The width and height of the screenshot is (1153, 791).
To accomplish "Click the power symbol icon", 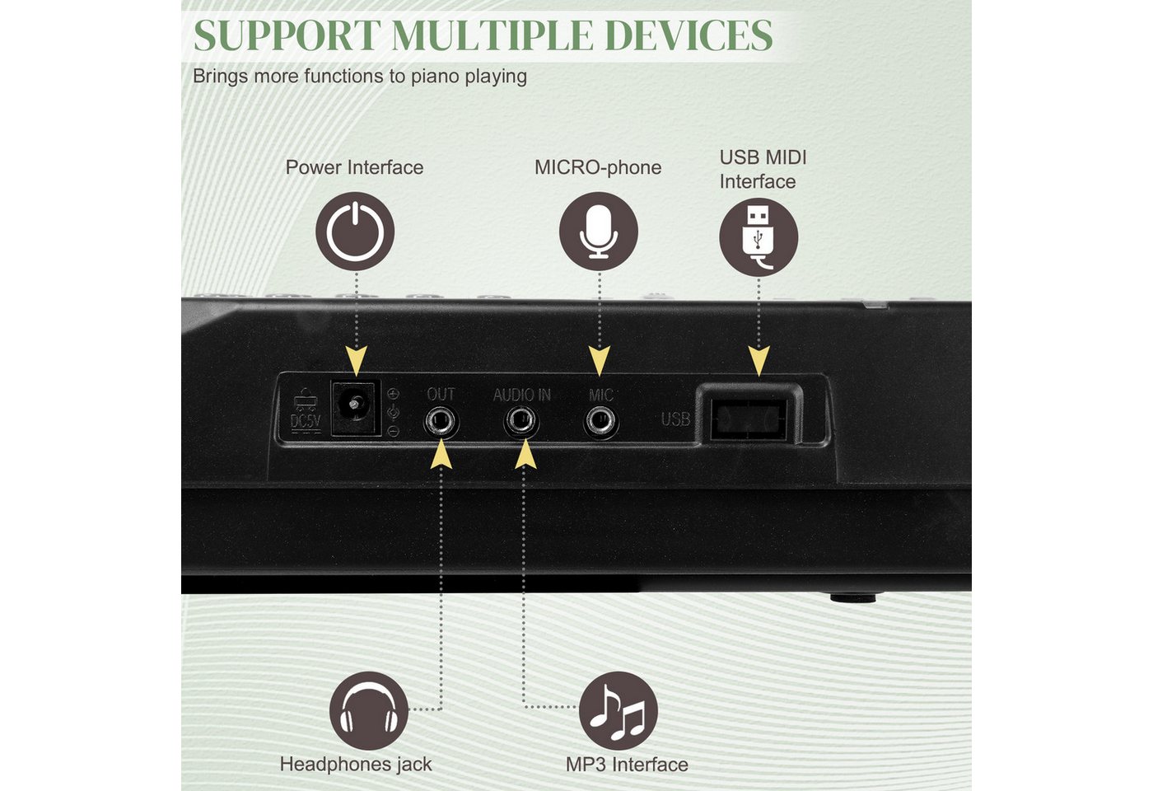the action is (355, 232).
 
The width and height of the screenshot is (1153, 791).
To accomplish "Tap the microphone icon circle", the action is (599, 232).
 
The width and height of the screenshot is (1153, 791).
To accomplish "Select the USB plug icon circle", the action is (759, 237).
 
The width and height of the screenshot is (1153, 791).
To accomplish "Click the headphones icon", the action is (369, 710).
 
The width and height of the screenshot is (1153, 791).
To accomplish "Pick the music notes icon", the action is (619, 710).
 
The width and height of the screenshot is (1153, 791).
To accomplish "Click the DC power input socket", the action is (355, 407).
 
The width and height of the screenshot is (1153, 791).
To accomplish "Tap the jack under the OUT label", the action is (441, 422).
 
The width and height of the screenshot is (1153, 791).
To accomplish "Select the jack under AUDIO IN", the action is (520, 422).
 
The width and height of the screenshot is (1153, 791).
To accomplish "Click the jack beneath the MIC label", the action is (600, 422).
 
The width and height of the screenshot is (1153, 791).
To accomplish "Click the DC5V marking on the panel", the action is (306, 422).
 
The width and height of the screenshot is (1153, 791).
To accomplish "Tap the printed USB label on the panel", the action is (675, 419).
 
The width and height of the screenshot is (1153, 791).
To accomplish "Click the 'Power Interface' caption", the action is (355, 167).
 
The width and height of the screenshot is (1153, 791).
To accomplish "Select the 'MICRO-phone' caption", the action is (598, 167).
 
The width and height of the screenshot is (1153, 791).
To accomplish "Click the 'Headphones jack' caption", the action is (356, 765).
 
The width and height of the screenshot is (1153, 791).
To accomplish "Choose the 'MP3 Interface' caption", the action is (627, 765).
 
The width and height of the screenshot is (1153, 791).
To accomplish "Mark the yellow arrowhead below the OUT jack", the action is (441, 454).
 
